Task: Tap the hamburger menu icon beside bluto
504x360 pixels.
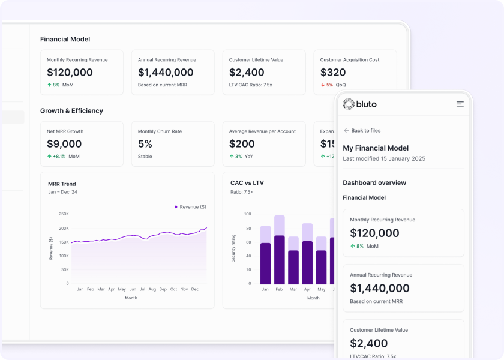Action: [460, 104]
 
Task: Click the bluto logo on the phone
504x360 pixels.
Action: [360, 104]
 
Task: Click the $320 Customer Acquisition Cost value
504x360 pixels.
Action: [333, 73]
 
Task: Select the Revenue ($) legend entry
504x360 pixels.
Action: [190, 207]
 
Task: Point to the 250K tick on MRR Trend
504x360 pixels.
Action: [64, 214]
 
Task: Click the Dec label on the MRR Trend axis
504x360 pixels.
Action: [194, 289]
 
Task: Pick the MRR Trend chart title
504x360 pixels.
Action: [62, 184]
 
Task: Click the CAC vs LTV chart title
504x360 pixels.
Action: [247, 183]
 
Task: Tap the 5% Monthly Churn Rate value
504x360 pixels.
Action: [145, 144]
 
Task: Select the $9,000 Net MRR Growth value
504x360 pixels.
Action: [64, 144]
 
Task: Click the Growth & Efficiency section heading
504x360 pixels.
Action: [71, 111]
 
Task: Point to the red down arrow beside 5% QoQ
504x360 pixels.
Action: [323, 85]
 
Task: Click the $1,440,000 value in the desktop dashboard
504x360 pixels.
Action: [166, 73]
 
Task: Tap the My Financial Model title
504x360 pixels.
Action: [376, 148]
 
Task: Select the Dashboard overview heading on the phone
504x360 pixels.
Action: [374, 183]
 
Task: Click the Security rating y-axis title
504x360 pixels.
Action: [233, 248]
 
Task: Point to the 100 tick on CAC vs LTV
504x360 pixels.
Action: [247, 214]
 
